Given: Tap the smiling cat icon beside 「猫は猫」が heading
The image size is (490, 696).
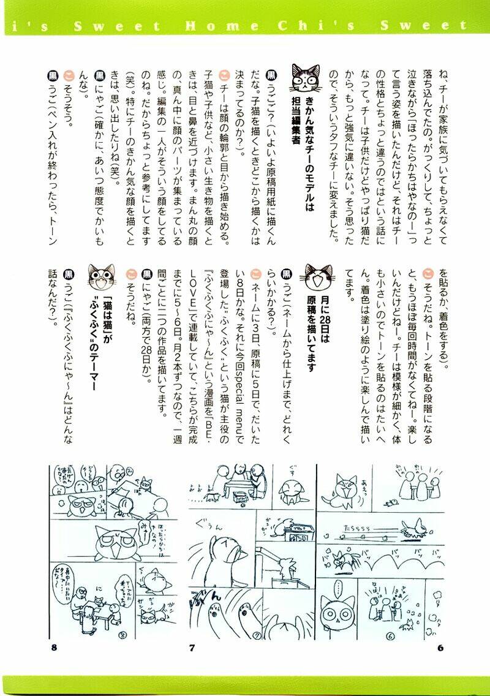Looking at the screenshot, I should coord(101,278).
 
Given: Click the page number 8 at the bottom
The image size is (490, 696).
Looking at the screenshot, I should coord(54,648).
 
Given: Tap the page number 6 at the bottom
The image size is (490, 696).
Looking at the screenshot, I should coord(440,648).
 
